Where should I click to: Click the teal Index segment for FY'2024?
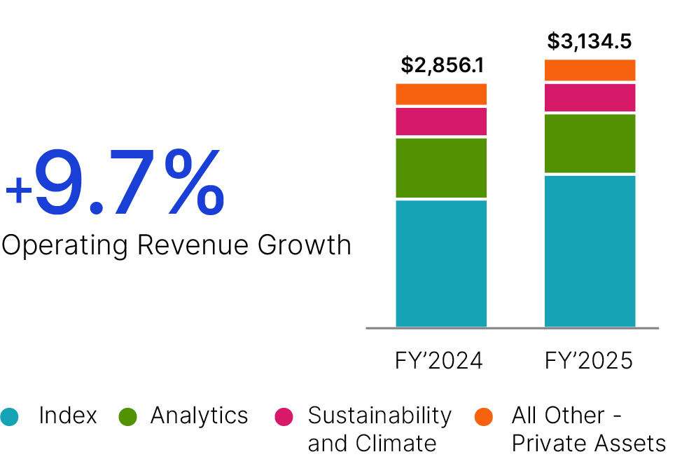[x=441, y=263]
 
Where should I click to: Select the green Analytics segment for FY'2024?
[x=441, y=167]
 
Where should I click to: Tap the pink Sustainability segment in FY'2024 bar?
[x=441, y=121]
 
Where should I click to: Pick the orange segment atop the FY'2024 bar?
[x=441, y=94]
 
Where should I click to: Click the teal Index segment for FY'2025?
[x=590, y=251]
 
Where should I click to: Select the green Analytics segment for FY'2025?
[x=590, y=143]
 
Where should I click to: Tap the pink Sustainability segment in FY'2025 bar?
[x=590, y=97]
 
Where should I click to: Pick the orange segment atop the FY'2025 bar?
[x=590, y=70]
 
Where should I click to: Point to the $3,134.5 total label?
[x=590, y=41]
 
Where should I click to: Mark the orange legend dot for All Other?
[x=484, y=416]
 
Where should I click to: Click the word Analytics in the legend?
[x=199, y=416]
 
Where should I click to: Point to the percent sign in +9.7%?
[x=190, y=184]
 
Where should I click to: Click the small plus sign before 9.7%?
[x=18, y=191]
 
